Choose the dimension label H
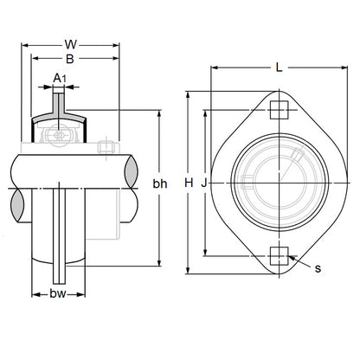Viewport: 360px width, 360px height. (x=189, y=183)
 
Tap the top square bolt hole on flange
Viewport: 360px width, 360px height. (x=276, y=110)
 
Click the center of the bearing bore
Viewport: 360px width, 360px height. (x=276, y=183)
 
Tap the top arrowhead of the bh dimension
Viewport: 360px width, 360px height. (x=159, y=113)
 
